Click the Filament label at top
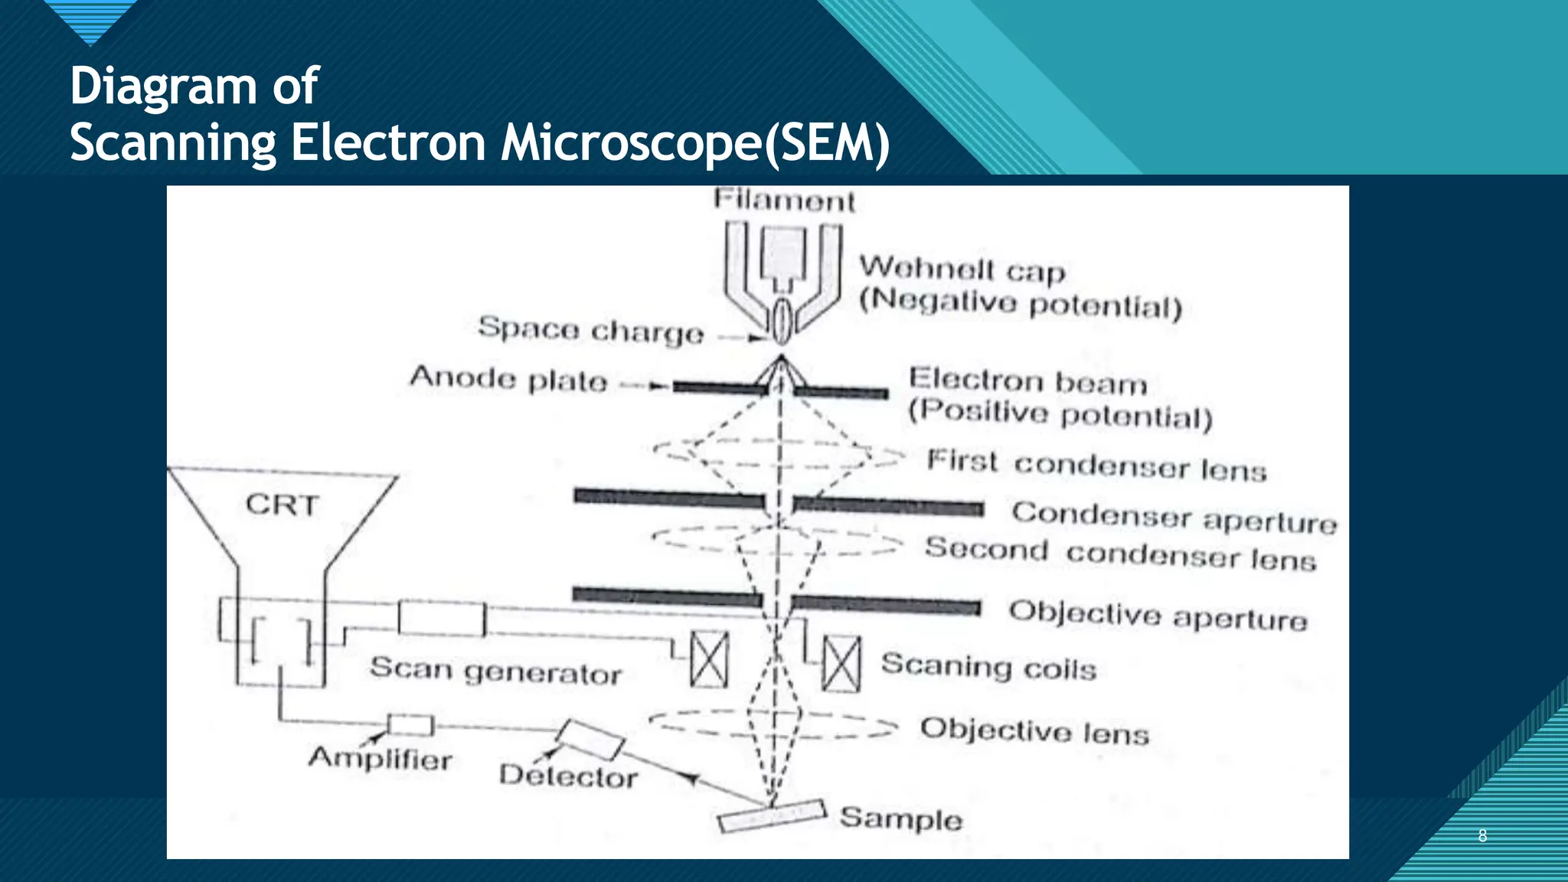[x=784, y=201]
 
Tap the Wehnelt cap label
[x=962, y=269]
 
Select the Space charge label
[x=590, y=330]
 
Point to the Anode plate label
[x=508, y=379]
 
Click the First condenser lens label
[x=1096, y=465]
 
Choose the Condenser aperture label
[x=1174, y=518]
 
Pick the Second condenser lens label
[x=1120, y=554]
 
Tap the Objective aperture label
[x=1158, y=615]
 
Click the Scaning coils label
[x=988, y=666]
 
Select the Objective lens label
[x=1034, y=730]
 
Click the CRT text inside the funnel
[x=282, y=505]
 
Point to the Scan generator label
[x=495, y=671]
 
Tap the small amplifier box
[x=410, y=724]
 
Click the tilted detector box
[x=590, y=739]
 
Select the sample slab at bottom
[x=773, y=816]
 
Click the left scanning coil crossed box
[x=709, y=659]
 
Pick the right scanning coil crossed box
[x=841, y=664]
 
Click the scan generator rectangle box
[x=442, y=619]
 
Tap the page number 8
[x=1482, y=835]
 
